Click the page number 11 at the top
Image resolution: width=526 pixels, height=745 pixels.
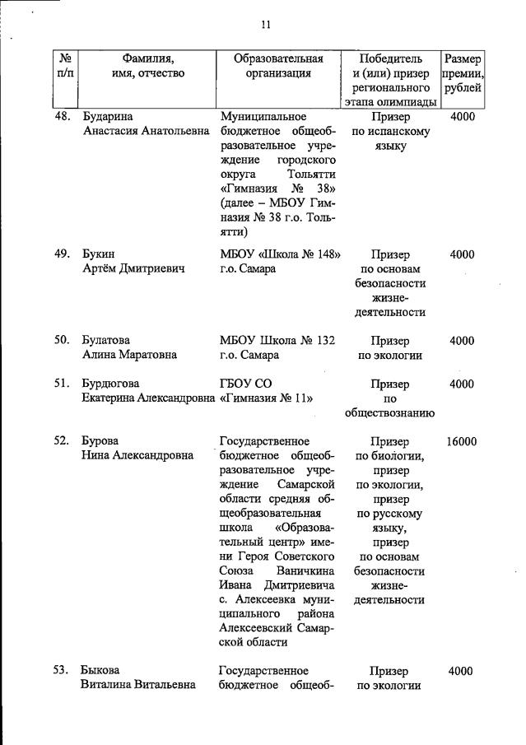[x=266, y=25]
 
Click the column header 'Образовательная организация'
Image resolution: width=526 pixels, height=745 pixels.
[x=278, y=66]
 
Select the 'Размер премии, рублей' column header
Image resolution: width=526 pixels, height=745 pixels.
[x=462, y=73]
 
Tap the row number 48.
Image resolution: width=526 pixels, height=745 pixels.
[x=61, y=117]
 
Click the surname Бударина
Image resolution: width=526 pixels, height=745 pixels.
[x=107, y=117]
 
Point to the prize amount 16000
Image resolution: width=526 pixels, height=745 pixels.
[x=462, y=441]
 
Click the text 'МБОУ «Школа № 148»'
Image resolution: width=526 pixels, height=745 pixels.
[x=281, y=254]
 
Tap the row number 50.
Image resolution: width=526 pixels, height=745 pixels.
[x=61, y=341]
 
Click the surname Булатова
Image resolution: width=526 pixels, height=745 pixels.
[x=106, y=341]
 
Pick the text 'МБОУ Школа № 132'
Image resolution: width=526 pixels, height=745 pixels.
[x=277, y=341]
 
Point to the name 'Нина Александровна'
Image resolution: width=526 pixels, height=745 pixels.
[x=137, y=456]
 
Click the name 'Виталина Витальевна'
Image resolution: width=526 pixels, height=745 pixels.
[x=138, y=686]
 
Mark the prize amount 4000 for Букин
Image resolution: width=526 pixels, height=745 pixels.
[x=462, y=254]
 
